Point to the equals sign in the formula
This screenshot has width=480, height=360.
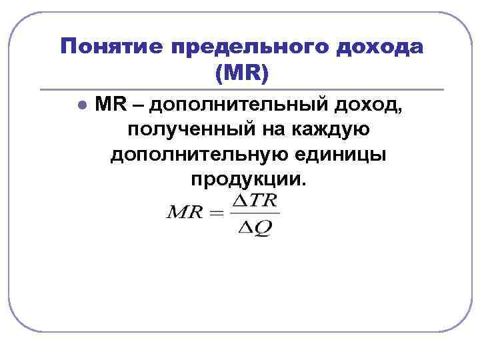coord(214,215)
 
